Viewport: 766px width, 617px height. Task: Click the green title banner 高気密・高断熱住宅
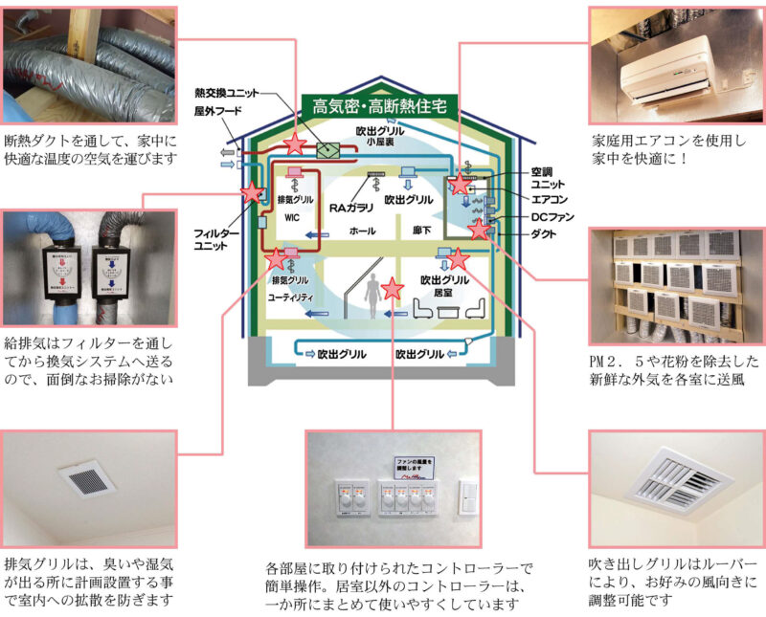(x=378, y=103)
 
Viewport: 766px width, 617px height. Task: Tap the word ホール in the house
(x=364, y=231)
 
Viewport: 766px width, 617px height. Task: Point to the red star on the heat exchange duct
(x=297, y=144)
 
